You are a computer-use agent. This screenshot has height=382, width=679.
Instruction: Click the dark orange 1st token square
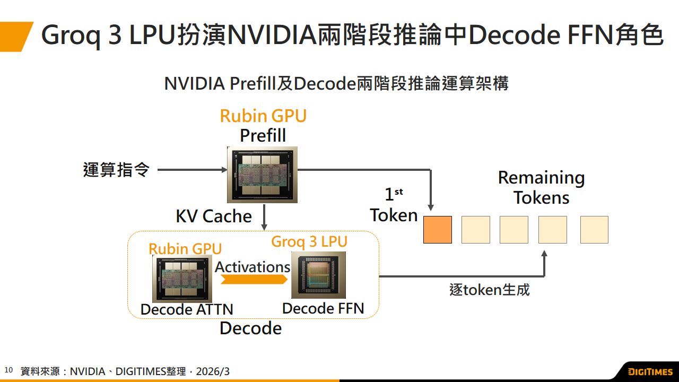[438, 230]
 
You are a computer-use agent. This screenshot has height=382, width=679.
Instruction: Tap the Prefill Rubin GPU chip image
[262, 175]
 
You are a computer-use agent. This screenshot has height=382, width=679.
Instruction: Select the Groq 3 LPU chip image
[318, 275]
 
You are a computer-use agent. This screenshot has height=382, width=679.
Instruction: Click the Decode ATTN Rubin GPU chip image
[182, 279]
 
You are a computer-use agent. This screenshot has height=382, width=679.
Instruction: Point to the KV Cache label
[214, 216]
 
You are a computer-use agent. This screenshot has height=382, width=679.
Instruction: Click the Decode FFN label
[323, 308]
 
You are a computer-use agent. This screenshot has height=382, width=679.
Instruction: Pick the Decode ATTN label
[187, 309]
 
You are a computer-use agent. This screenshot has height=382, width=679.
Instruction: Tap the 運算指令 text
[116, 170]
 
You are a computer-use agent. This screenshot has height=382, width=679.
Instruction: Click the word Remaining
[541, 178]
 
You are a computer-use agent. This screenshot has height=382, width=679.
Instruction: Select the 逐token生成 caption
[489, 290]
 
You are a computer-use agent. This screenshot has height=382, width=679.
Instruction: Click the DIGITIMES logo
[650, 371]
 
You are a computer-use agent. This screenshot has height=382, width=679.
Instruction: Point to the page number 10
[8, 370]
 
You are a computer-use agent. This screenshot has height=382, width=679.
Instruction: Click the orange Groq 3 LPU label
[309, 241]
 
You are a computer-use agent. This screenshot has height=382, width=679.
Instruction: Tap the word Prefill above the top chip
[263, 136]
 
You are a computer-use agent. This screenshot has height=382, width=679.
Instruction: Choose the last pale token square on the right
[594, 230]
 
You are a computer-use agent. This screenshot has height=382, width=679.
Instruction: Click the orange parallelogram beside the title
[16, 36]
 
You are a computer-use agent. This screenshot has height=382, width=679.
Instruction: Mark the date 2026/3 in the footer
[213, 371]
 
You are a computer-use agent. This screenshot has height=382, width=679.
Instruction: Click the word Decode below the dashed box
[250, 328]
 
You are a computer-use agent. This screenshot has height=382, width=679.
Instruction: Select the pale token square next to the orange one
[476, 230]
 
